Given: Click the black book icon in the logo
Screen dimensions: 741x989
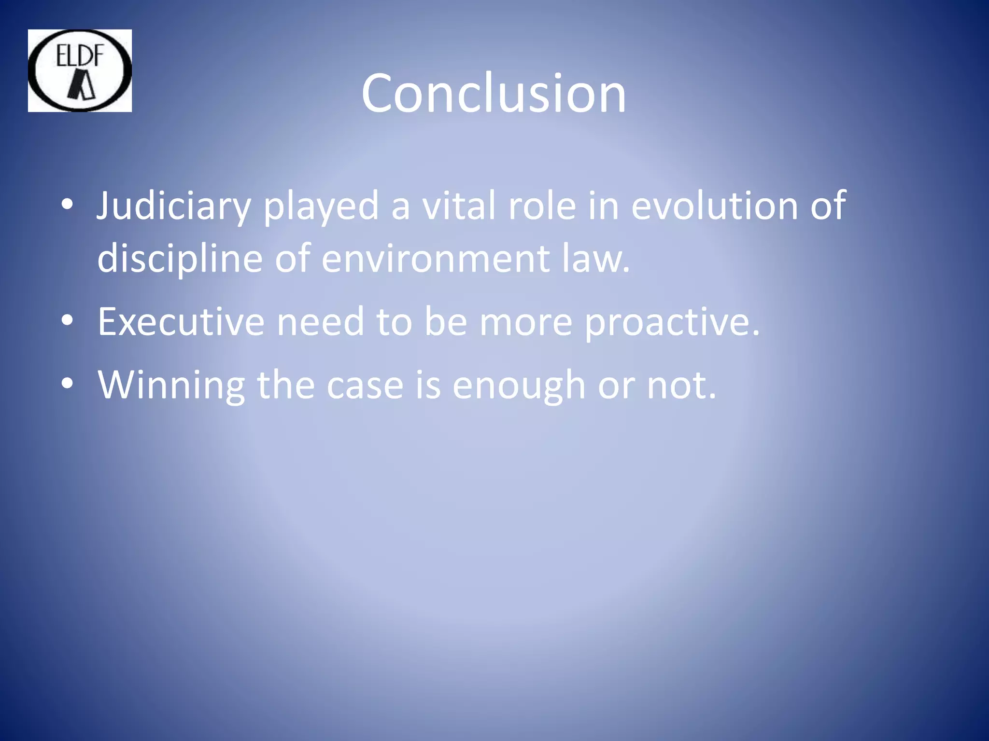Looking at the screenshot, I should pyautogui.click(x=82, y=85).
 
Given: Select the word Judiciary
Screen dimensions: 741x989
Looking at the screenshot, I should pyautogui.click(x=173, y=206).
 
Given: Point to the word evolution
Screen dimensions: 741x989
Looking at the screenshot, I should pyautogui.click(x=715, y=206).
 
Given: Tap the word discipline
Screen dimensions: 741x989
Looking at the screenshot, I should pyautogui.click(x=180, y=258).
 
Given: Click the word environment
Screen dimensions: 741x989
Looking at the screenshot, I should pyautogui.click(x=435, y=258).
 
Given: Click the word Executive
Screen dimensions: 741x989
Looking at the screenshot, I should pyautogui.click(x=181, y=322).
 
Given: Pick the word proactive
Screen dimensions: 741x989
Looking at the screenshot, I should pyautogui.click(x=672, y=322).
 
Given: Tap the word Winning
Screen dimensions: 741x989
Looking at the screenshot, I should pyautogui.click(x=171, y=385).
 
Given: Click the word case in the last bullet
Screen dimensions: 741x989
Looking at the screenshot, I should pyautogui.click(x=365, y=385).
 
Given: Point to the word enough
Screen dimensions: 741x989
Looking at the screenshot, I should pyautogui.click(x=519, y=385).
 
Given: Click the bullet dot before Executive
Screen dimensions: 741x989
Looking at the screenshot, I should pyautogui.click(x=67, y=321).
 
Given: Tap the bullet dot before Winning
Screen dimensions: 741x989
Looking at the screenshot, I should pyautogui.click(x=67, y=384).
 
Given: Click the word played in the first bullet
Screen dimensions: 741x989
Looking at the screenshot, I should pyautogui.click(x=321, y=206).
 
